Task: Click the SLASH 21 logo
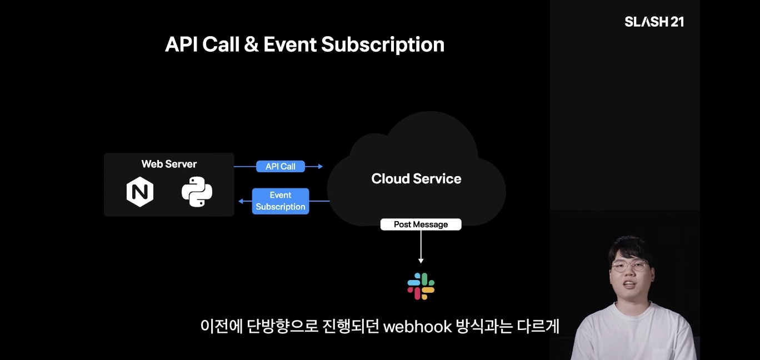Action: click(654, 22)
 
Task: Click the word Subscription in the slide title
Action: click(383, 44)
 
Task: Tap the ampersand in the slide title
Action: click(251, 44)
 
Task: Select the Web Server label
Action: click(169, 164)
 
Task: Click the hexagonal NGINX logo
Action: click(139, 192)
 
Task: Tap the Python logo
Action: click(197, 192)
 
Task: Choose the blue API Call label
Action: click(281, 166)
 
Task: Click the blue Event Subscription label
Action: click(281, 201)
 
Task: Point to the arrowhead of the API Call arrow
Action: click(320, 166)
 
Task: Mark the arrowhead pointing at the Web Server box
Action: click(241, 201)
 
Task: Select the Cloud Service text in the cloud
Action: click(416, 179)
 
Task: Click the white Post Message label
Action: click(421, 224)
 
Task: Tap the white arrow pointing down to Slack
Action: click(421, 247)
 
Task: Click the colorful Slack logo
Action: click(421, 286)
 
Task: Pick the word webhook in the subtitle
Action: click(418, 327)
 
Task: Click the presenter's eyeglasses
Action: click(629, 266)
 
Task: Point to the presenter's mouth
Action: click(629, 285)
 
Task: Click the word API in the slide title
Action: click(181, 44)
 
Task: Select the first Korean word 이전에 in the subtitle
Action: click(221, 327)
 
